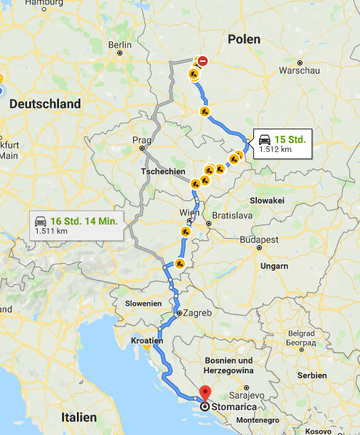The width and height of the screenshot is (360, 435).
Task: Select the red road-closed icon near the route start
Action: (203, 61)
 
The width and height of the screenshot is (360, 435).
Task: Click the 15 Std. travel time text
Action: (290, 139)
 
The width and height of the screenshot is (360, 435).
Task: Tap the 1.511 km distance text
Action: (51, 231)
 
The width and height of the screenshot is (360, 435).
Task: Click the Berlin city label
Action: (120, 45)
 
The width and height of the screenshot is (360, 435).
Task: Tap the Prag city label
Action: (138, 140)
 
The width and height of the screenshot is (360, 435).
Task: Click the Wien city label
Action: (190, 213)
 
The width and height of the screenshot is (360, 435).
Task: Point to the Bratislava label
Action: (233, 215)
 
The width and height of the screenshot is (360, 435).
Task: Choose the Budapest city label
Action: (258, 240)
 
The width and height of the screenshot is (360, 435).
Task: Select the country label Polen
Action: (244, 40)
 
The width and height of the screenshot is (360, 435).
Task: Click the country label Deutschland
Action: (45, 104)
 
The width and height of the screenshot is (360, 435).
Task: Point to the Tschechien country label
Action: (163, 172)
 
